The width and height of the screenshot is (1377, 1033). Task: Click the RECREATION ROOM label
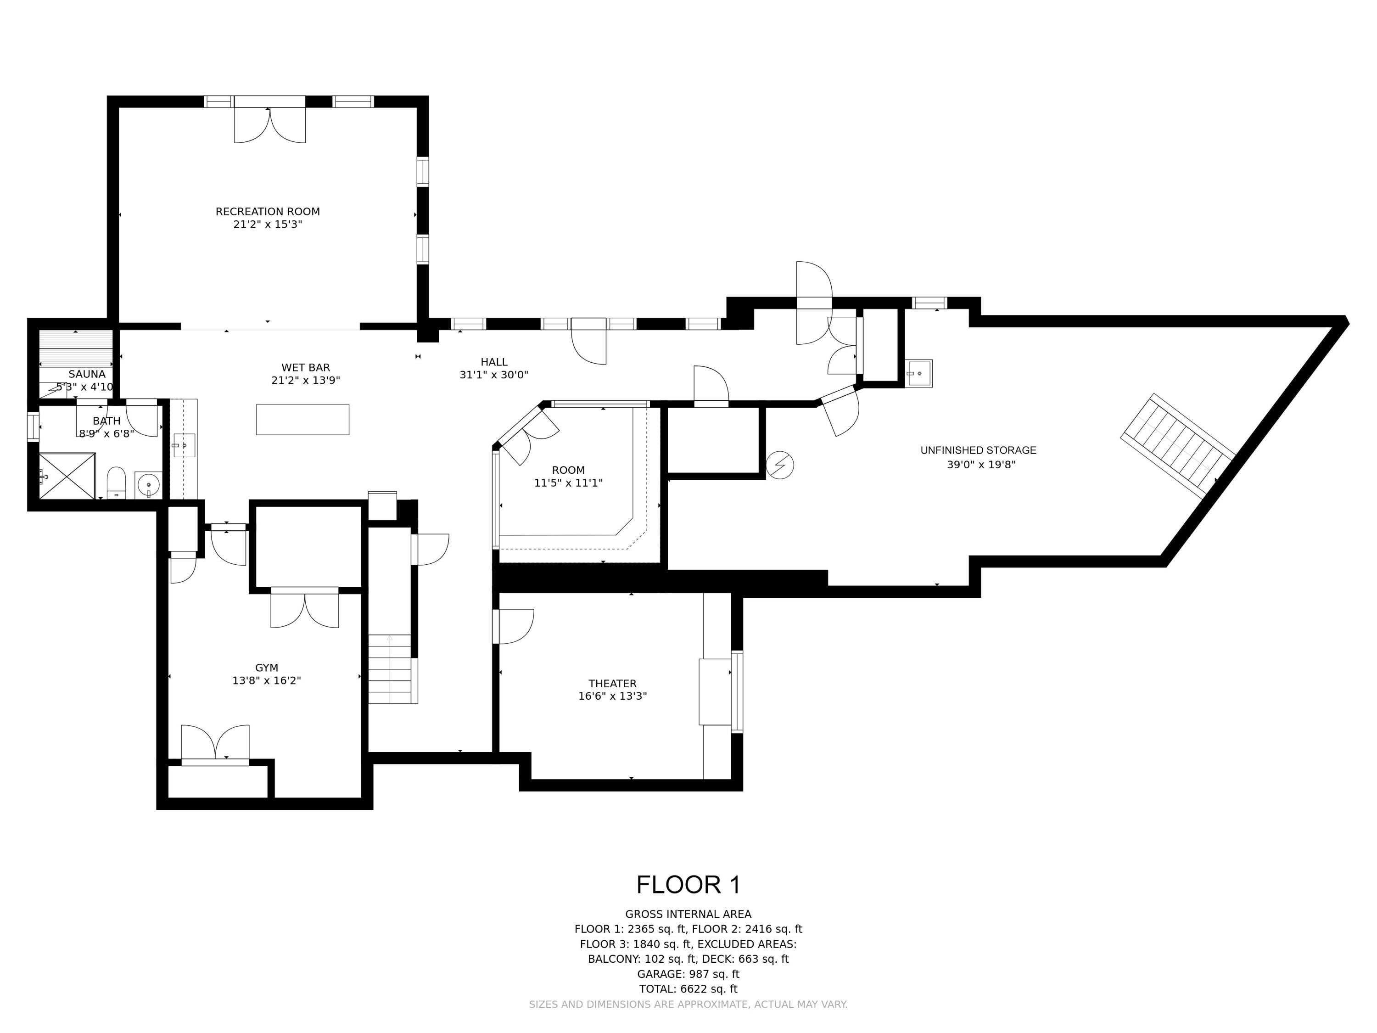tap(268, 212)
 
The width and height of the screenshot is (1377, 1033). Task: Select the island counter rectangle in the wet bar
tap(302, 419)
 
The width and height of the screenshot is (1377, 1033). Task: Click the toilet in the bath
tap(117, 483)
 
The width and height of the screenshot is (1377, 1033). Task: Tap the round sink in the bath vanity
tap(148, 484)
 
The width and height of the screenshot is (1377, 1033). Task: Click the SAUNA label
tap(87, 374)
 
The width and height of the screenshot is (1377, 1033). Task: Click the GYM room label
tap(266, 668)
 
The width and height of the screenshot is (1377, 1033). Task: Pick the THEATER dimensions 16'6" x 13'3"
tap(613, 696)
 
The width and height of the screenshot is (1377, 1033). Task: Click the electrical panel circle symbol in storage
tap(780, 465)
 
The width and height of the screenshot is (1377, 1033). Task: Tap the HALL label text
tap(493, 362)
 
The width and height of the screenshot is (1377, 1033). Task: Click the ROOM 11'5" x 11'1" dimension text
tap(568, 483)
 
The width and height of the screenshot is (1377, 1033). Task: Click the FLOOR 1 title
tap(688, 885)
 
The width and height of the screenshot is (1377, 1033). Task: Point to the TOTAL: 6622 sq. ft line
tap(688, 989)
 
